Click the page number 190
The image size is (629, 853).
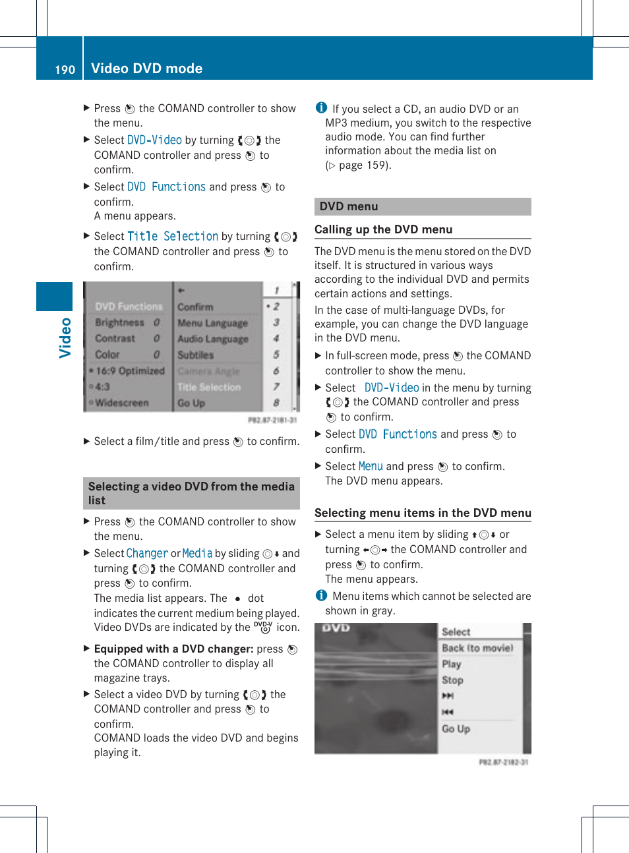coord(65,69)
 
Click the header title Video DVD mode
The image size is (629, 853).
coord(146,69)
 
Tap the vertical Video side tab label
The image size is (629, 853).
coord(65,338)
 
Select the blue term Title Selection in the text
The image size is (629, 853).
coord(172,237)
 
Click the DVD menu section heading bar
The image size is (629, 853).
coord(423,206)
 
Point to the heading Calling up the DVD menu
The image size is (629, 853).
coord(383,229)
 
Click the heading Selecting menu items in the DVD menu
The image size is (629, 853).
coord(423,513)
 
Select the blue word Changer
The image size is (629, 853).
coord(147,554)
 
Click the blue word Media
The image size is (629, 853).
coord(197,554)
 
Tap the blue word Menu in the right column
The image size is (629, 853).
coord(371,467)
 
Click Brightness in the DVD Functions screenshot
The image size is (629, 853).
coord(119,322)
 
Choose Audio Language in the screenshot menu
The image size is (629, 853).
coord(213,339)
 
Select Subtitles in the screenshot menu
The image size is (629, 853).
coord(196,355)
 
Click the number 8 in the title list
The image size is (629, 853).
coord(276,403)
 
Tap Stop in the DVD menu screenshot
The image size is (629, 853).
coord(452,680)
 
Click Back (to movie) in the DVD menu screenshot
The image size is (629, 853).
coord(477,648)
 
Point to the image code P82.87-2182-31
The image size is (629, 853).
coord(503,762)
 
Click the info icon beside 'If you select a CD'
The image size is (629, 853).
coord(321,107)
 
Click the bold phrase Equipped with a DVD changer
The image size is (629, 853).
coord(173,649)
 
